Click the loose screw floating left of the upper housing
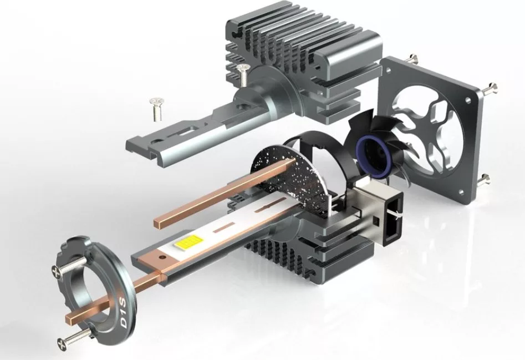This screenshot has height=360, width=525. coord(157,109)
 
